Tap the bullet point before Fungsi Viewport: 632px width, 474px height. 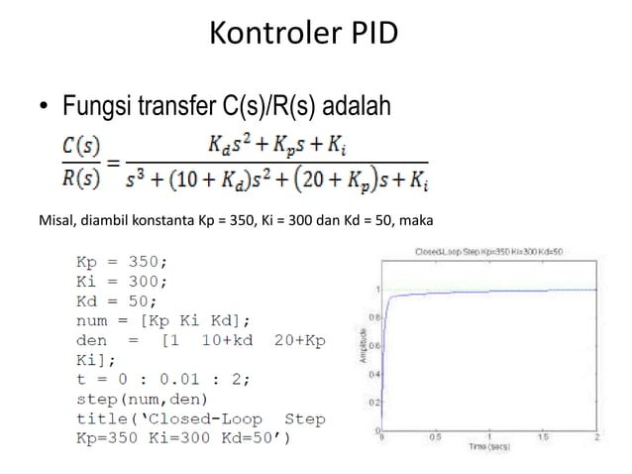[x=45, y=105]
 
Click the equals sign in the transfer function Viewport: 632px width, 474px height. [x=116, y=162]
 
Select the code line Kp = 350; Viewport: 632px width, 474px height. [x=122, y=263]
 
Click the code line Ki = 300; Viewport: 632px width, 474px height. [x=122, y=282]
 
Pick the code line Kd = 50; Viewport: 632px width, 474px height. [x=117, y=300]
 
